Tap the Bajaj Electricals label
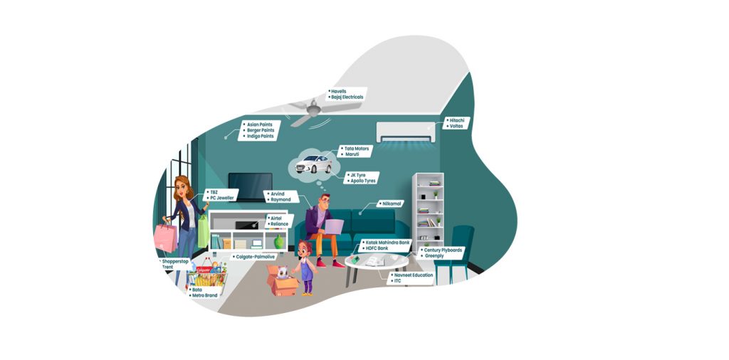click(347, 97)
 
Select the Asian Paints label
click(260, 124)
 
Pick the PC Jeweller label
click(222, 198)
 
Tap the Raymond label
click(280, 200)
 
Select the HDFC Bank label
click(382, 248)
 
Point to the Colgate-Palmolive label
click(255, 257)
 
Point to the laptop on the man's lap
click(332, 226)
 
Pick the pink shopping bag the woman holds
click(165, 238)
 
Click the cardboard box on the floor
click(283, 283)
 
